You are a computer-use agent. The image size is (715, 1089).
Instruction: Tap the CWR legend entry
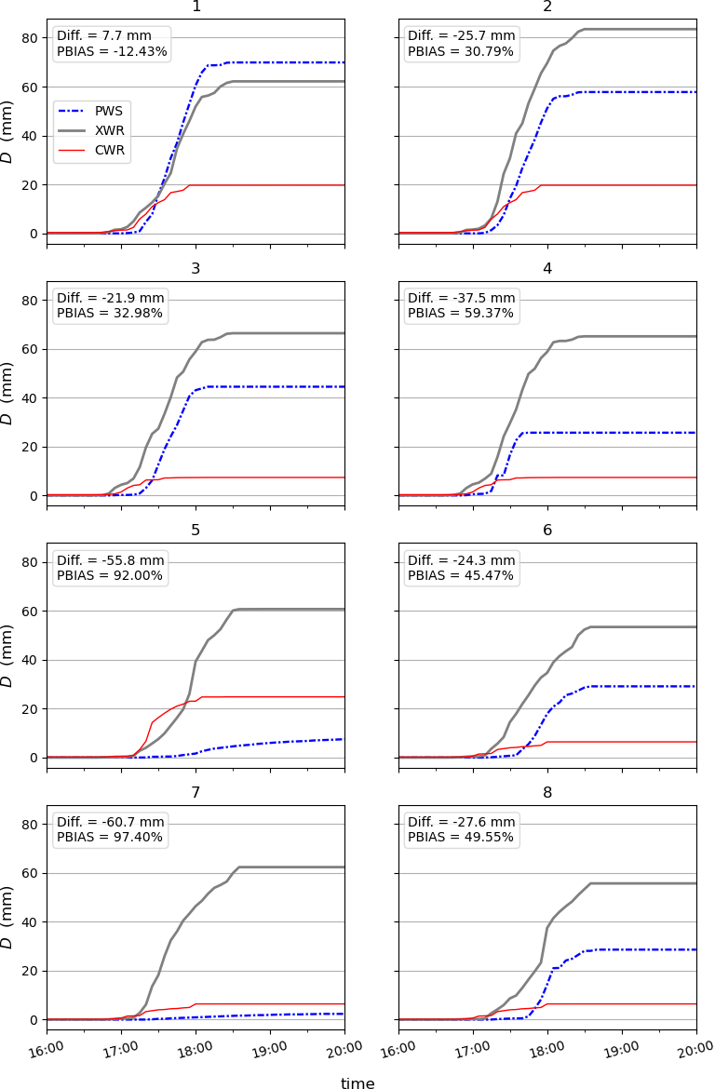(90, 149)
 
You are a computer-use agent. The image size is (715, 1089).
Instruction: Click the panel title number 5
(196, 531)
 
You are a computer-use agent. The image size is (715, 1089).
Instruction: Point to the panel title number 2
(547, 7)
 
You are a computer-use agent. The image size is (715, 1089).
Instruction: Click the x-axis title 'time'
(357, 1083)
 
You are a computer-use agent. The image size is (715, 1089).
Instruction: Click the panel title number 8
(547, 792)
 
